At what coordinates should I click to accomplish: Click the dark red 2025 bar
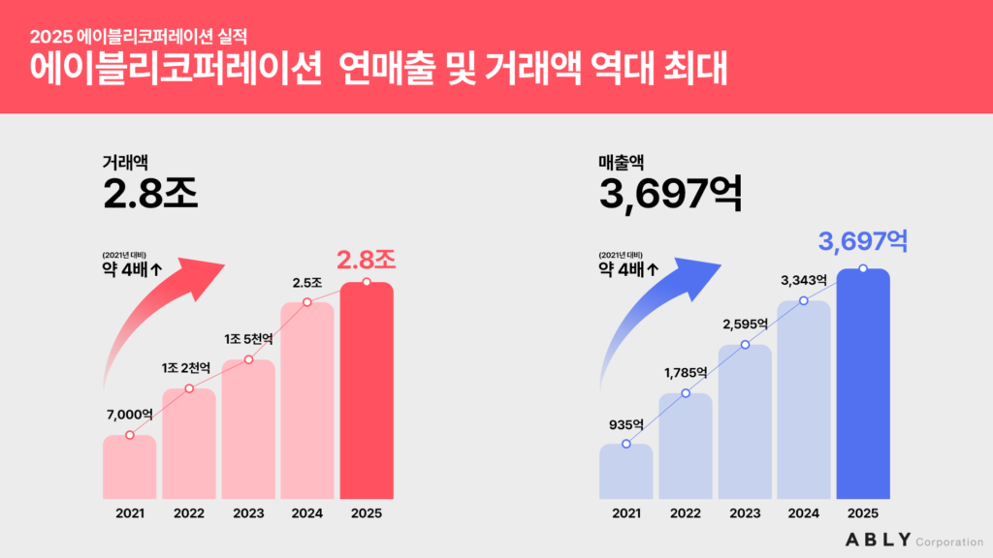pyautogui.click(x=366, y=392)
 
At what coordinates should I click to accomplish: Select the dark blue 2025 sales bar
pyautogui.click(x=863, y=387)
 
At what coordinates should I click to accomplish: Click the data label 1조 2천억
pyautogui.click(x=185, y=368)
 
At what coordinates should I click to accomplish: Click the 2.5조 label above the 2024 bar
pyautogui.click(x=306, y=283)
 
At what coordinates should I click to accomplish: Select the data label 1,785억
pyautogui.click(x=685, y=372)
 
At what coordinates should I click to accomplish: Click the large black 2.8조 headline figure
pyautogui.click(x=150, y=193)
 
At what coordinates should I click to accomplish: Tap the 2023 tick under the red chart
pyautogui.click(x=248, y=513)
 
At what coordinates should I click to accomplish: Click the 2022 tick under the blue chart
pyautogui.click(x=685, y=513)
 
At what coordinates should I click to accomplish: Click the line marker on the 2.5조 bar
pyautogui.click(x=307, y=302)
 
